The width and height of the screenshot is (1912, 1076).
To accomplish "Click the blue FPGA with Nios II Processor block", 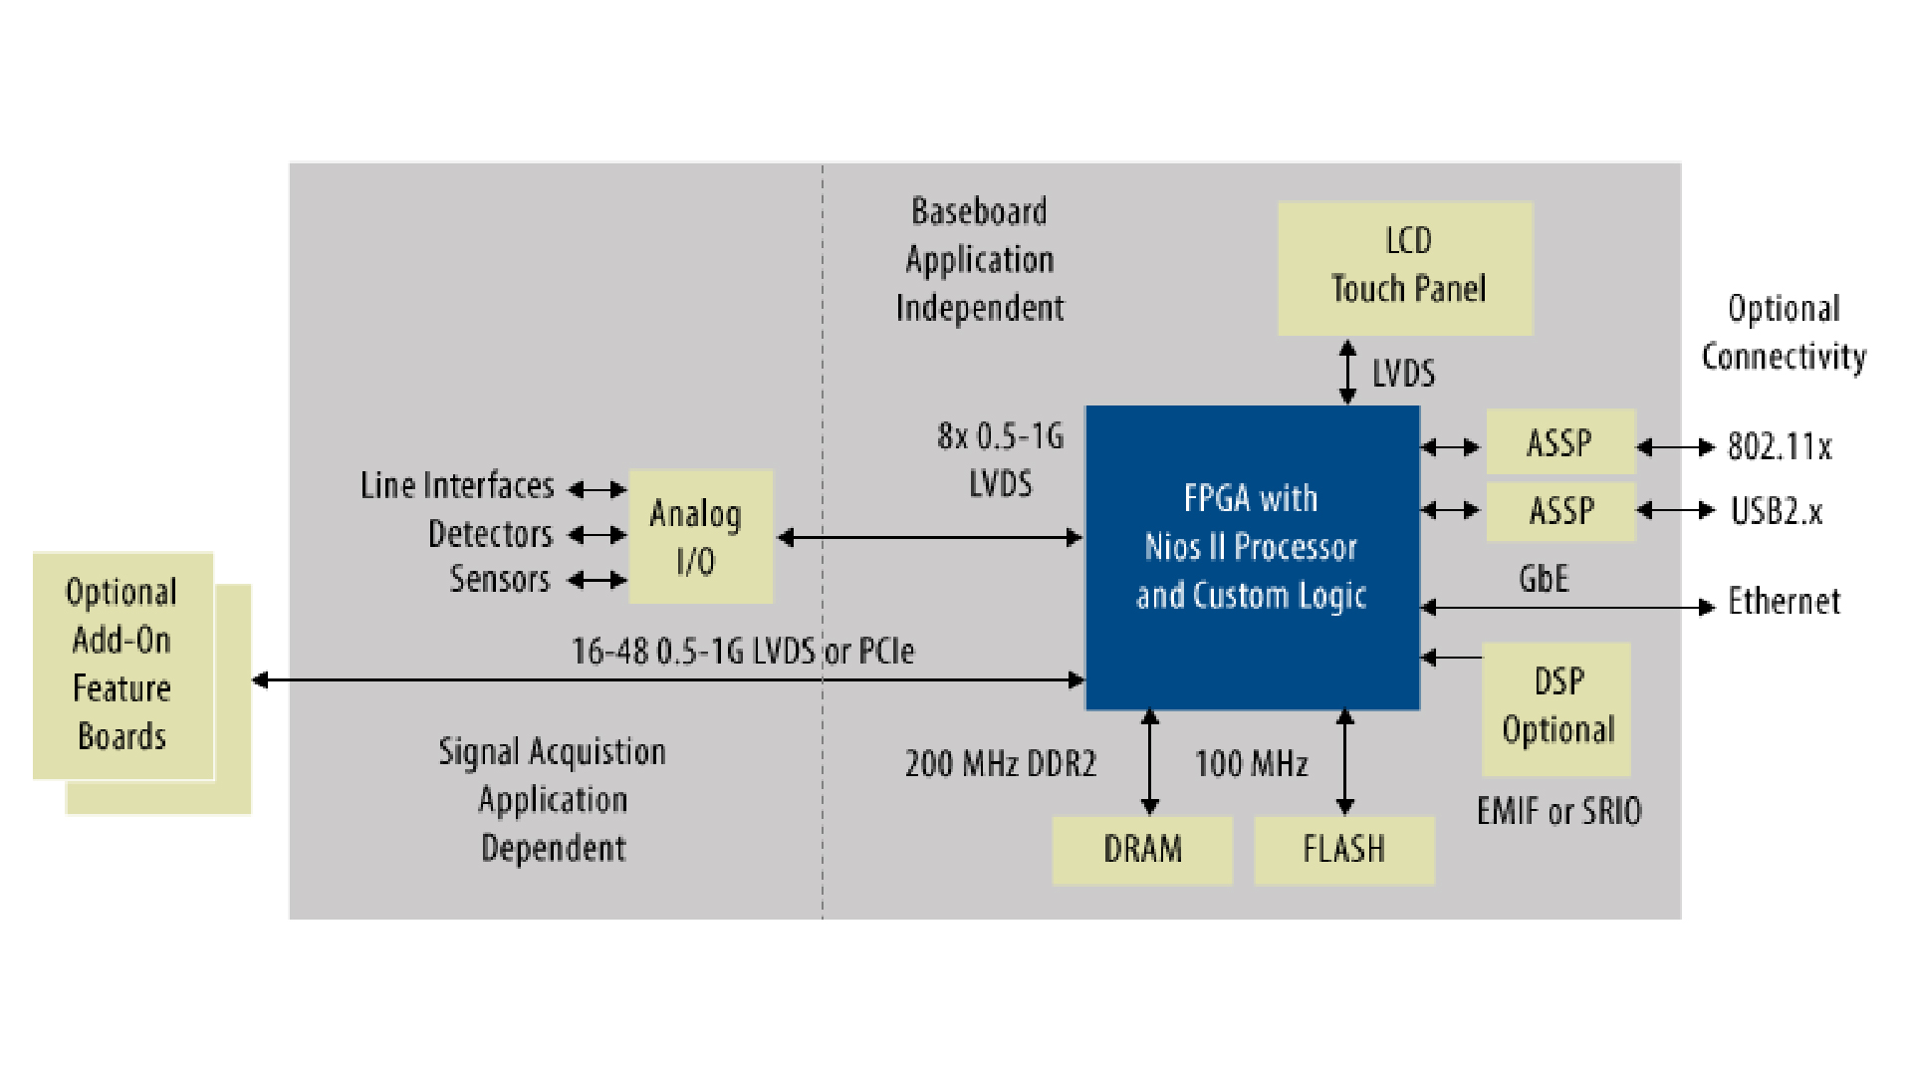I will pyautogui.click(x=1252, y=558).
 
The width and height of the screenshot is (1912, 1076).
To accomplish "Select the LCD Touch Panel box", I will pyautogui.click(x=1405, y=268).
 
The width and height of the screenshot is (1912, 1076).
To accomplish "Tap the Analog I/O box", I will pyautogui.click(x=700, y=536).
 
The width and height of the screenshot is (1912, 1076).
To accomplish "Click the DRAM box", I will pyautogui.click(x=1142, y=850).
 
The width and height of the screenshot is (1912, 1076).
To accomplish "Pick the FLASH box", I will pyautogui.click(x=1343, y=850).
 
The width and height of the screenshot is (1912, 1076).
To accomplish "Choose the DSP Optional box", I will pyautogui.click(x=1555, y=708).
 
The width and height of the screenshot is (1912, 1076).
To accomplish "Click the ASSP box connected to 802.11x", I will pyautogui.click(x=1559, y=442).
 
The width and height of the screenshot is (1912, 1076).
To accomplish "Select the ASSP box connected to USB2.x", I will pyautogui.click(x=1559, y=511).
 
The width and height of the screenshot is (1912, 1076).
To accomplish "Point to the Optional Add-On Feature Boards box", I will pyautogui.click(x=122, y=666).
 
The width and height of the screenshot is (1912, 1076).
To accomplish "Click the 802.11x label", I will pyautogui.click(x=1779, y=447).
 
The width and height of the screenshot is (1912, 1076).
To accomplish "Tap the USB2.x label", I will pyautogui.click(x=1776, y=511).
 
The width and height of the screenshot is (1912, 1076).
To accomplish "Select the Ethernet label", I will pyautogui.click(x=1784, y=602).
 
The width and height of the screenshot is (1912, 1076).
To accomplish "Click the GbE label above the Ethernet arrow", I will pyautogui.click(x=1543, y=579).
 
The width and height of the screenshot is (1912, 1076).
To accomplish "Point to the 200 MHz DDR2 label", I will pyautogui.click(x=1000, y=764).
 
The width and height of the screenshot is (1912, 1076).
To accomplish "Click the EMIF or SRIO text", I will pyautogui.click(x=1558, y=812).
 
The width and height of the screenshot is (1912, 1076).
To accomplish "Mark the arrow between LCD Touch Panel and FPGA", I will pyautogui.click(x=1347, y=372).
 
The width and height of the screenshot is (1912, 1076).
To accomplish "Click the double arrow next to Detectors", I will pyautogui.click(x=597, y=535).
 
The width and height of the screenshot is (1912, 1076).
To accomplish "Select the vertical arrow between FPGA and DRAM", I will pyautogui.click(x=1150, y=762).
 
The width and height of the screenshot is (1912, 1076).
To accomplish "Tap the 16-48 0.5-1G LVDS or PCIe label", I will pyautogui.click(x=742, y=652).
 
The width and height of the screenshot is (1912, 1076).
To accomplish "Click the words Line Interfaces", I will pyautogui.click(x=457, y=486).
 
